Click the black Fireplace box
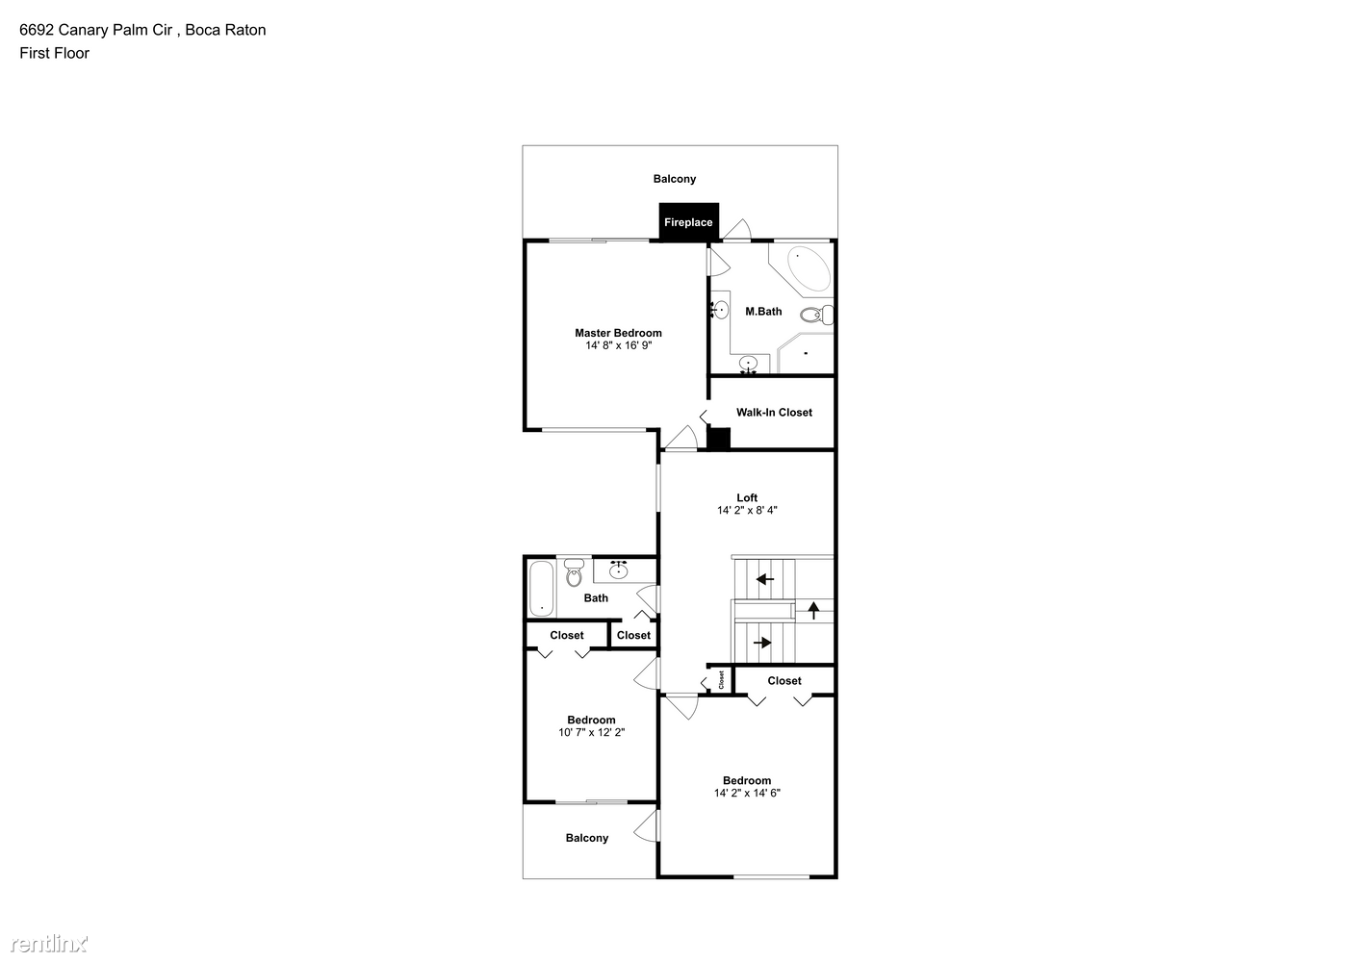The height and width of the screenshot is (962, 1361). (688, 221)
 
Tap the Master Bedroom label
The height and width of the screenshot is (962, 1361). (618, 333)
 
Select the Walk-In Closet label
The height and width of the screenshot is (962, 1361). (774, 413)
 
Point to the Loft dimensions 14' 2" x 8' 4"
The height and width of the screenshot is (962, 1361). (747, 510)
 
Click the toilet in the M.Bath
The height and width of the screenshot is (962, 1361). (816, 315)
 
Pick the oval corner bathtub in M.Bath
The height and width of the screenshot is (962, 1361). (809, 270)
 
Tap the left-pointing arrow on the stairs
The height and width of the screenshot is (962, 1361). (764, 579)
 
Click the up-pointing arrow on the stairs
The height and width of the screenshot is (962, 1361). (813, 610)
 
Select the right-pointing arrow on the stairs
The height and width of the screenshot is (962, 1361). (762, 642)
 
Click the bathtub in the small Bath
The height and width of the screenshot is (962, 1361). (541, 588)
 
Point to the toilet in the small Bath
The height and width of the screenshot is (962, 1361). (574, 572)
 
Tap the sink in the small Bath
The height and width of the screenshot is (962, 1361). (619, 570)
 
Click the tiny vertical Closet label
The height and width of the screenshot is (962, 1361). (721, 679)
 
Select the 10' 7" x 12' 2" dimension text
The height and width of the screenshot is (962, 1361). (591, 732)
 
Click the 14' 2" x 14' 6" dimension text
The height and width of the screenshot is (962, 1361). (747, 793)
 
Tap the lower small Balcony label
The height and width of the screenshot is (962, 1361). (587, 838)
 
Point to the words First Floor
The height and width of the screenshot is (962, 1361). (54, 54)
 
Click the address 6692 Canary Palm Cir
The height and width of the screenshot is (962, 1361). (96, 30)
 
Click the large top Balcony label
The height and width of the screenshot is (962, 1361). (675, 179)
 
